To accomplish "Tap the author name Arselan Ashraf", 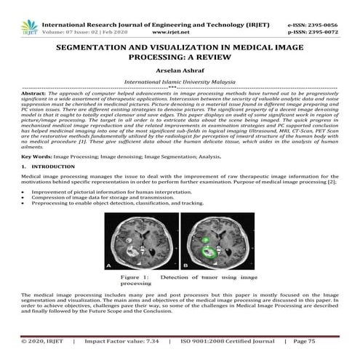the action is click(180, 71).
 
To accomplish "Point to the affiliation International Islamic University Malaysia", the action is click(179, 84).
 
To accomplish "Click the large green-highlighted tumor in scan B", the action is click(209, 252).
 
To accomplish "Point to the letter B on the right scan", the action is click(186, 267).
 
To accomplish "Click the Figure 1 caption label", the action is click(135, 277).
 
